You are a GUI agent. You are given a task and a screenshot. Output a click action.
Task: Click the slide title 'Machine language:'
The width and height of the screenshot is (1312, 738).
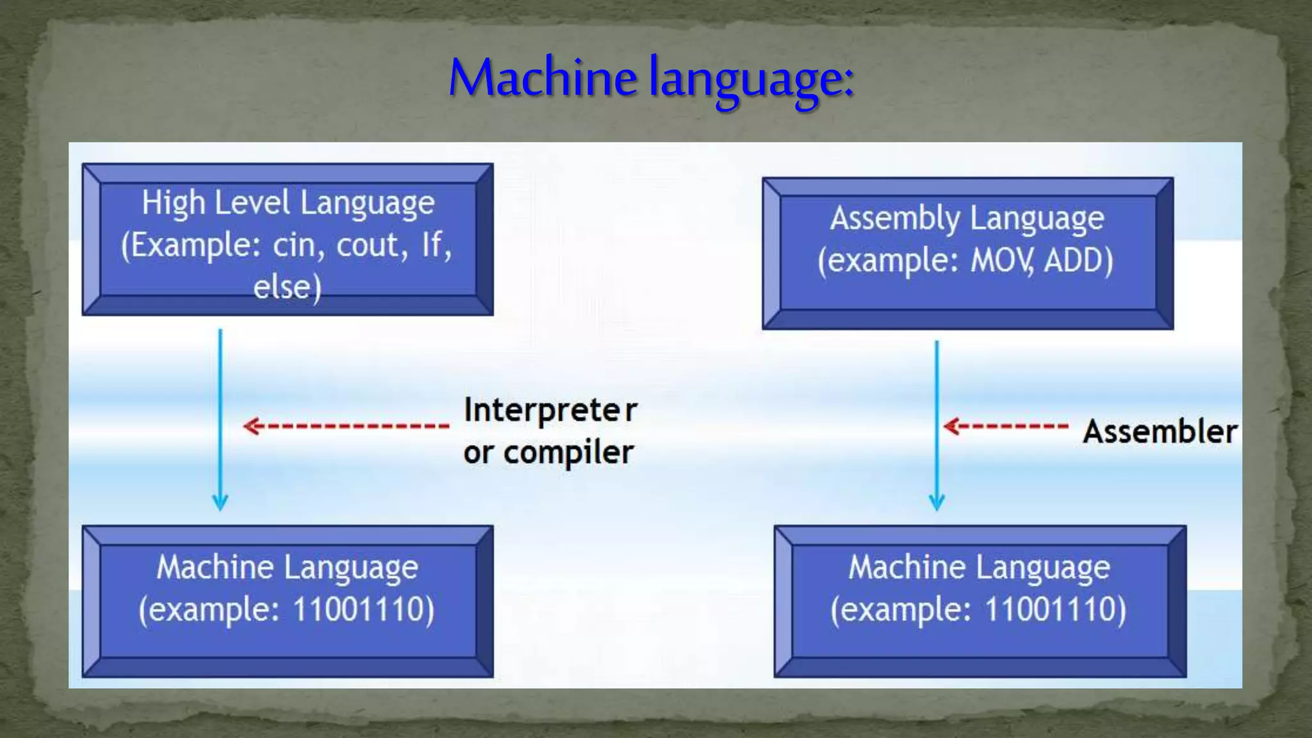[651, 78]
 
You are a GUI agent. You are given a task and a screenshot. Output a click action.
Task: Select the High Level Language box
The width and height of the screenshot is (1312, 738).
[288, 240]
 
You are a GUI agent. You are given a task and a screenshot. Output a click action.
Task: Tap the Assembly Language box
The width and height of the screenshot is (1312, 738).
[967, 254]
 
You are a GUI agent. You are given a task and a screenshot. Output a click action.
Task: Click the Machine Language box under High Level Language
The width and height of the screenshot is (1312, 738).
[288, 601]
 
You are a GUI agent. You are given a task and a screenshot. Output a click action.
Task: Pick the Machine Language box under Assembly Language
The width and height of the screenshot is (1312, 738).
[980, 601]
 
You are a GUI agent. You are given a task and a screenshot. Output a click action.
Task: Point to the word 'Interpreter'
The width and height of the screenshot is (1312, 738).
[550, 410]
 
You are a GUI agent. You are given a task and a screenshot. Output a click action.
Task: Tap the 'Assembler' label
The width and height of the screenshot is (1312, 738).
[1160, 431]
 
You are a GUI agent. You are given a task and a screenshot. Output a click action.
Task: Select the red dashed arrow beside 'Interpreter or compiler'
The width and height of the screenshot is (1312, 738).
[347, 425]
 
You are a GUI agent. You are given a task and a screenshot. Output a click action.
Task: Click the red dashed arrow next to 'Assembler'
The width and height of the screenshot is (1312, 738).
[1006, 426]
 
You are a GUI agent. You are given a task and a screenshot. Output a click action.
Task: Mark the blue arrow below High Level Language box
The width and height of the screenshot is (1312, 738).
[220, 420]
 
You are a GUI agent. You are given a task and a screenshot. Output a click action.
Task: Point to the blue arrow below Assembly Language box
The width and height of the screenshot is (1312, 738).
[937, 426]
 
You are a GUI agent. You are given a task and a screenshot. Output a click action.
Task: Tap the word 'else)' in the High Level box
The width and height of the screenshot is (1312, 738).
[287, 287]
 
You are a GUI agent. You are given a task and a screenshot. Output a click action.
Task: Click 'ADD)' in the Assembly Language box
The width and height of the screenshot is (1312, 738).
[1078, 261]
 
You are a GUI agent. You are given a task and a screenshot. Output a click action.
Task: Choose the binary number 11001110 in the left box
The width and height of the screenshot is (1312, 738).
[363, 609]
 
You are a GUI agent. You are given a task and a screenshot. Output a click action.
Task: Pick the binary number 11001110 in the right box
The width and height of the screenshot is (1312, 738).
[1055, 609]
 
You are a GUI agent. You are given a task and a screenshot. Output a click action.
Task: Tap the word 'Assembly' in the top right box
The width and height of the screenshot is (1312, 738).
[895, 219]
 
